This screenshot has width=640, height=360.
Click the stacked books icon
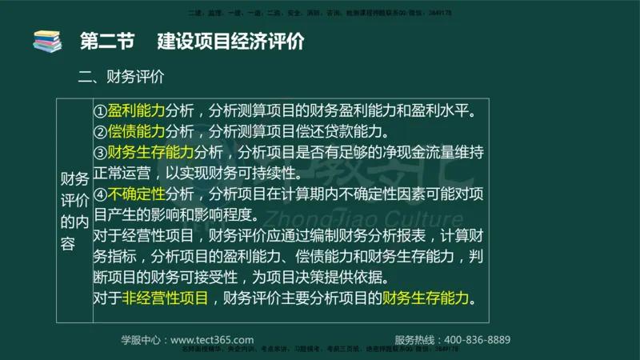(x=47, y=42)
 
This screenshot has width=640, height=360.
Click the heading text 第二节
(x=107, y=42)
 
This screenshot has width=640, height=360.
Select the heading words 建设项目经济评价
(x=230, y=42)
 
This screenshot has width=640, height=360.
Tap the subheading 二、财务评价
(x=121, y=78)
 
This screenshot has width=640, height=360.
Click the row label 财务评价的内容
(x=74, y=211)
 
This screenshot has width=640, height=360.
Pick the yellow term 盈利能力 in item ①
(x=136, y=110)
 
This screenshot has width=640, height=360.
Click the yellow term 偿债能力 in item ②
(x=136, y=130)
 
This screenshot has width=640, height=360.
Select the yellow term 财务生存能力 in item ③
(x=150, y=151)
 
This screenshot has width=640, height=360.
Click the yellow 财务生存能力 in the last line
(x=426, y=298)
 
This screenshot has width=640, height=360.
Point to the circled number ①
(x=100, y=110)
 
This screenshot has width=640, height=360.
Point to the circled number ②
(x=100, y=130)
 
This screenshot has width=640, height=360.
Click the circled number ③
(x=100, y=151)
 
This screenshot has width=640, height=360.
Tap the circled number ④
(x=100, y=193)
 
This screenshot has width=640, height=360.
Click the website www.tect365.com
(x=212, y=339)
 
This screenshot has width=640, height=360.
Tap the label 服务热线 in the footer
(x=417, y=339)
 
